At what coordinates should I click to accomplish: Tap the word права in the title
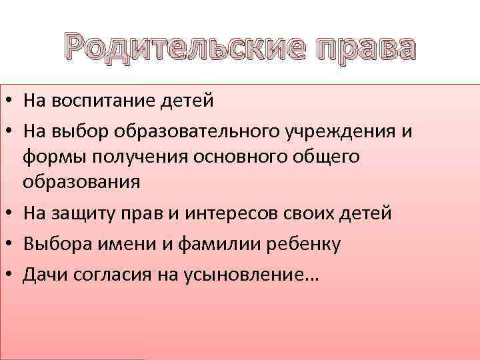tap(358, 51)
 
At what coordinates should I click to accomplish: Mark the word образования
tap(81, 181)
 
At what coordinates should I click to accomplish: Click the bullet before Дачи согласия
tap(12, 275)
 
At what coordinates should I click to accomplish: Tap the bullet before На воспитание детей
tap(12, 101)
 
